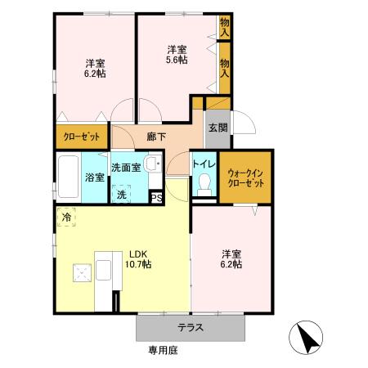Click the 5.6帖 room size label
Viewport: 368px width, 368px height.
(177, 60)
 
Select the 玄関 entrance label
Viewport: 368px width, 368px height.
(217, 127)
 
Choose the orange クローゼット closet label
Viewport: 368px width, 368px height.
(81, 136)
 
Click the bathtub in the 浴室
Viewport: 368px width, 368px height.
(67, 175)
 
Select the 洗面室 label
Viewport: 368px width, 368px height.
(126, 168)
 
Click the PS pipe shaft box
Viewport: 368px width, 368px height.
(157, 197)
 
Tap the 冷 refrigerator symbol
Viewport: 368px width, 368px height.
(65, 218)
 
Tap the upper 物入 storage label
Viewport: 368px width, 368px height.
(225, 26)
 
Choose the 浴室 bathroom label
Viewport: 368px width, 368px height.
(93, 177)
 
